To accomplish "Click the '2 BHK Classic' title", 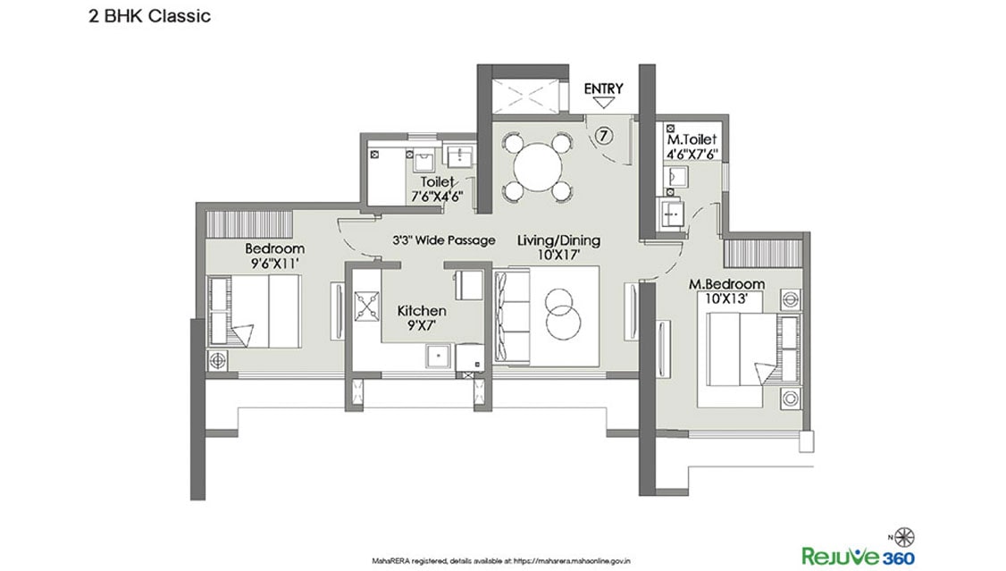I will coord(149,15).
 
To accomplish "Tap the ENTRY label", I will coord(603,88).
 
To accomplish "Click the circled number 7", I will coord(604,136).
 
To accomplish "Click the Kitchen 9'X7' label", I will coord(422,317).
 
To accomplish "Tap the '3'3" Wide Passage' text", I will coord(443,240).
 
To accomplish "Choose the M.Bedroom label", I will coord(725,291).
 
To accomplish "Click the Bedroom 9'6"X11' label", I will coord(274,256).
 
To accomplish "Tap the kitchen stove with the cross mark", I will coord(365,307).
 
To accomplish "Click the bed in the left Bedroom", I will coord(255,311).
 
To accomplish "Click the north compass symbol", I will coord(906,536).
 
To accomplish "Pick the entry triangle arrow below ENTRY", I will coord(603,104).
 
